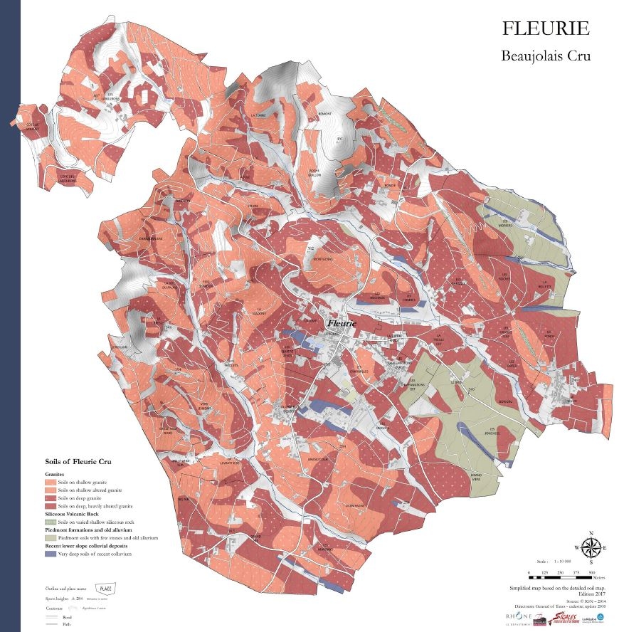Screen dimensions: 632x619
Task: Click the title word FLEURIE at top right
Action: [545, 28]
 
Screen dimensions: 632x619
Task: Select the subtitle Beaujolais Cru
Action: [545, 55]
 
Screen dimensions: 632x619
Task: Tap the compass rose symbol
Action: [590, 547]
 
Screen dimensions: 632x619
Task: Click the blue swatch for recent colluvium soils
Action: [51, 553]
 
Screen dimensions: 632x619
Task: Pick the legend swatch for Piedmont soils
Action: [51, 537]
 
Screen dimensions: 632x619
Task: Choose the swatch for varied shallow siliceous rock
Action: [51, 522]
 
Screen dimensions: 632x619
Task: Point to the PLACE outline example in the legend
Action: [106, 589]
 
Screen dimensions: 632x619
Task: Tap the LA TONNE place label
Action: [258, 114]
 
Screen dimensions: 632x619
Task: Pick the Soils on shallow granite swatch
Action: [51, 483]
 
